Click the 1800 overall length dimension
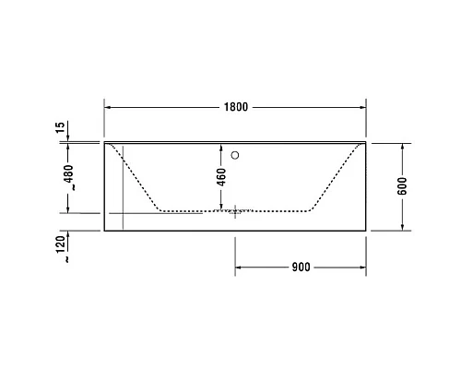(235, 107)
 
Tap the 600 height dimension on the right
(402, 186)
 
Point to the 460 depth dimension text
(221, 176)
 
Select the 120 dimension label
(61, 244)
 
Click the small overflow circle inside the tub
(236, 155)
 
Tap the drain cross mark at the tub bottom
(237, 211)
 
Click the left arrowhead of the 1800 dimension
(107, 107)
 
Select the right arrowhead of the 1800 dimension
(364, 107)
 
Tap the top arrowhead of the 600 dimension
(402, 147)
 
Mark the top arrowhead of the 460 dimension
(221, 147)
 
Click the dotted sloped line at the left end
(138, 177)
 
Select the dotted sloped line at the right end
(334, 177)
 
